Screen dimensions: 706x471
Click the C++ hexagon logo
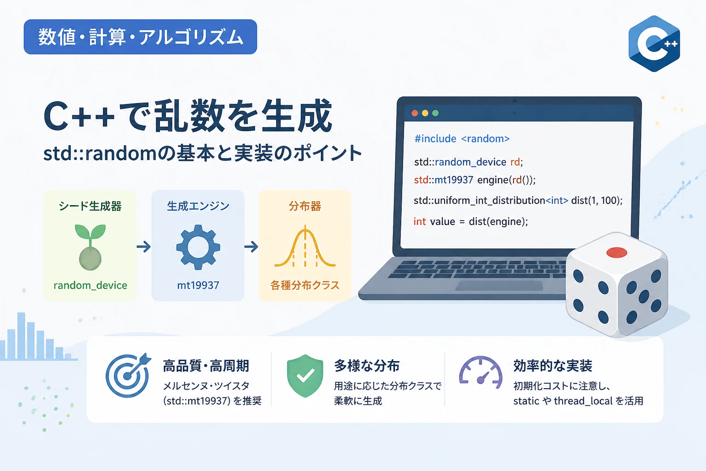click(x=654, y=44)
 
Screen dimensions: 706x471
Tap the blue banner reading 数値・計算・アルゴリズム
click(x=140, y=37)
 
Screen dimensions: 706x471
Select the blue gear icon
click(x=198, y=247)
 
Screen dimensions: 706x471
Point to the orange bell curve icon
click(x=305, y=247)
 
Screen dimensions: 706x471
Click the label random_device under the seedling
click(x=90, y=285)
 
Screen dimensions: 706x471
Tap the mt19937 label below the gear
click(x=198, y=285)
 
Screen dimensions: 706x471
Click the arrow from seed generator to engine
click(x=144, y=247)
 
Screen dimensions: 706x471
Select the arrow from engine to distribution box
click(x=251, y=247)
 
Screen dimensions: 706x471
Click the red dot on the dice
click(x=616, y=253)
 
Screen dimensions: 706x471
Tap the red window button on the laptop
click(x=415, y=113)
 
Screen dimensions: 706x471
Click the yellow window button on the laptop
click(x=425, y=113)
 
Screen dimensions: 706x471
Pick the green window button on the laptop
click(x=436, y=113)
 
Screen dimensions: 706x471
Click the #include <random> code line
click(x=462, y=139)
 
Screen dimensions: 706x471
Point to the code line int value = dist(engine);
click(x=471, y=221)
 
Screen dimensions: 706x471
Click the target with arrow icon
click(x=128, y=375)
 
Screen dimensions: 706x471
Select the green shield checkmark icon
click(x=305, y=375)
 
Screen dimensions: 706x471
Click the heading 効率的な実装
click(x=552, y=366)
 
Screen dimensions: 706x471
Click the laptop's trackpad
click(x=499, y=286)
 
